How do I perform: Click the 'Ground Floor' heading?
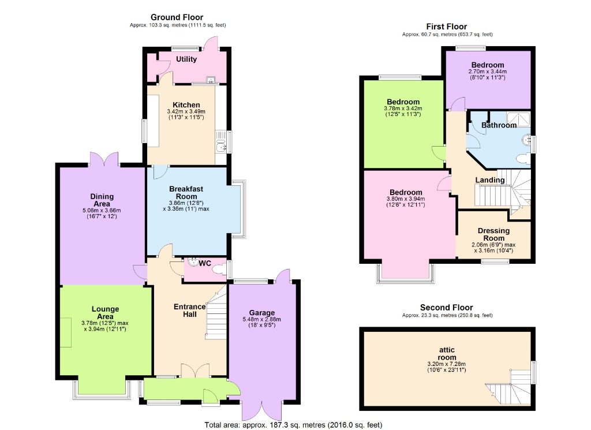tap(177, 17)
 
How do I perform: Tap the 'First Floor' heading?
tap(447, 27)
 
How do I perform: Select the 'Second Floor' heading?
tap(447, 308)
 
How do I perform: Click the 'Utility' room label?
tap(186, 59)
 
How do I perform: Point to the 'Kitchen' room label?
tap(182, 105)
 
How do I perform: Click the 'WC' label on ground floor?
tap(205, 263)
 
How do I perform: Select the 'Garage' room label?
tap(262, 312)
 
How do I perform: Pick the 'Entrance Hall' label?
tap(190, 311)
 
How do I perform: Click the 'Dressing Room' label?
tap(493, 234)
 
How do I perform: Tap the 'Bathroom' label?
tap(499, 125)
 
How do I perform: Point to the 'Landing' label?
tap(489, 180)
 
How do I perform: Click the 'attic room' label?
tap(447, 353)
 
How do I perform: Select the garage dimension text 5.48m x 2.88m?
tap(262, 319)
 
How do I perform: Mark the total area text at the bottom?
tap(293, 425)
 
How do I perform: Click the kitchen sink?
tap(221, 143)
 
